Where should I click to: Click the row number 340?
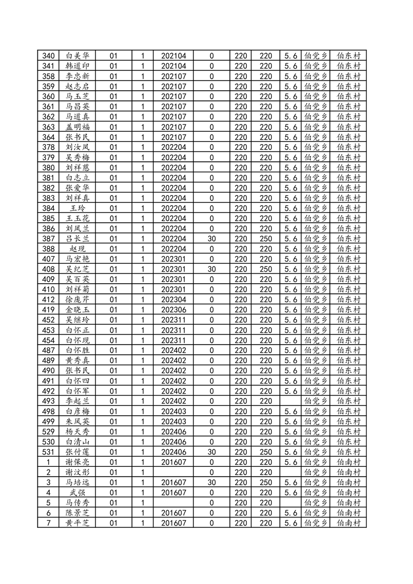[48, 56]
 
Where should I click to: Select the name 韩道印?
[78, 66]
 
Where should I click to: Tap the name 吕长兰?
[78, 238]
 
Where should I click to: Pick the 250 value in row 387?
[266, 238]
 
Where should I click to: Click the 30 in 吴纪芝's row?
[211, 269]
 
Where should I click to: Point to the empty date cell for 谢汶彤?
[173, 472]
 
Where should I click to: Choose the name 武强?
[78, 492]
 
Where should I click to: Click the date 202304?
[173, 299]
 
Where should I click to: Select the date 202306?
[173, 309]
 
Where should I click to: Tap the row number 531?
[48, 452]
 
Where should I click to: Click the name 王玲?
[78, 208]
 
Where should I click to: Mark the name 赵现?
[78, 249]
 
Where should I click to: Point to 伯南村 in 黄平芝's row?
[348, 523]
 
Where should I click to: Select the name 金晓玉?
[78, 309]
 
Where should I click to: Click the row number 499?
[48, 421]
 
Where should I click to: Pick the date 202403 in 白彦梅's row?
[173, 411]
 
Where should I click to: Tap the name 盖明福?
[78, 127]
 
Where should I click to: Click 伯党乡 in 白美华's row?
[316, 56]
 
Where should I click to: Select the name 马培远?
[78, 483]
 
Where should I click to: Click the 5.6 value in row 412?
[291, 299]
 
